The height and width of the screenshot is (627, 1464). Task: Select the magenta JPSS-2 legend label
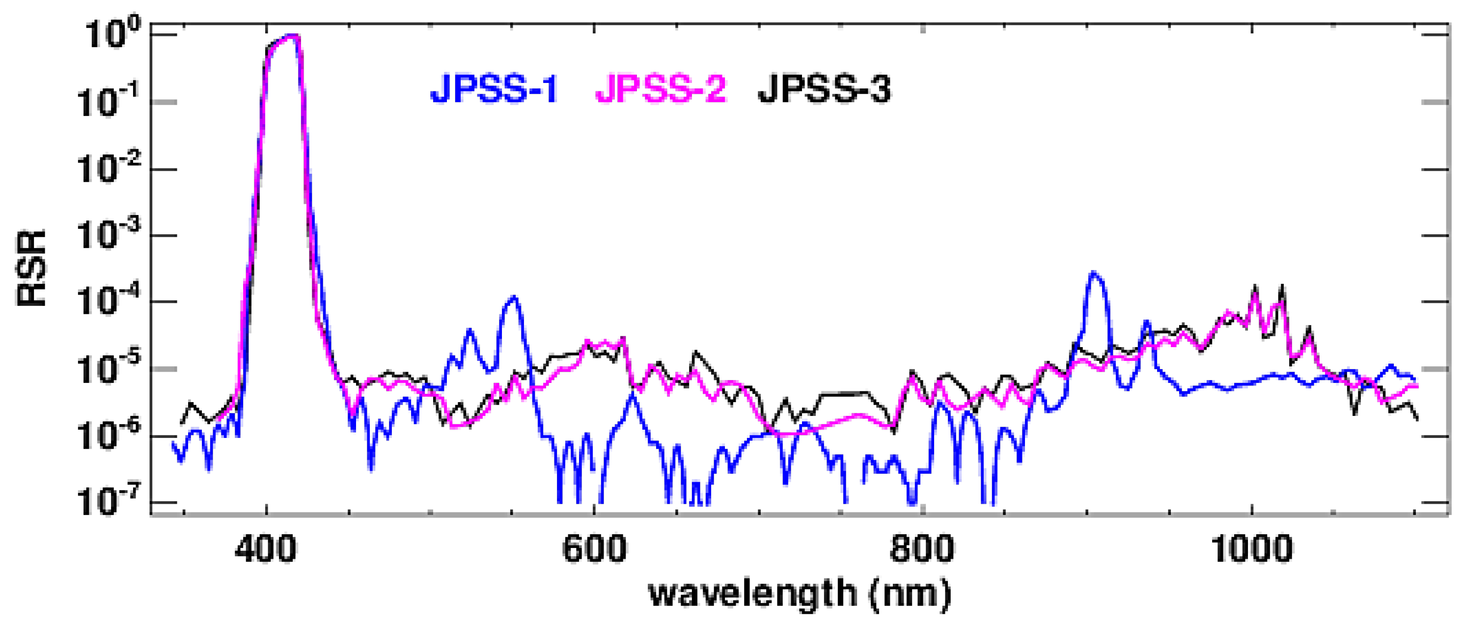(x=661, y=89)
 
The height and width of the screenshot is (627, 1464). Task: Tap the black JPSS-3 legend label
(x=824, y=89)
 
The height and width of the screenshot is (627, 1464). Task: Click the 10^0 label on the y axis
(x=111, y=35)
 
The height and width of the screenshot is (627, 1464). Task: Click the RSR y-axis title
(x=32, y=268)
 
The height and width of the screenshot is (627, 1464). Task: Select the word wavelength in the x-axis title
(x=753, y=594)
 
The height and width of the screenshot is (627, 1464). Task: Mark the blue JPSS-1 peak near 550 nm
(x=514, y=298)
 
